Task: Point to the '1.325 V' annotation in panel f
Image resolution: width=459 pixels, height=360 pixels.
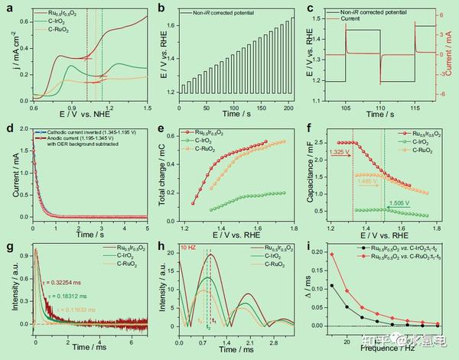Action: click(x=343, y=152)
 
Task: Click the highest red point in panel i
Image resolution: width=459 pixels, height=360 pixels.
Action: click(x=332, y=255)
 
